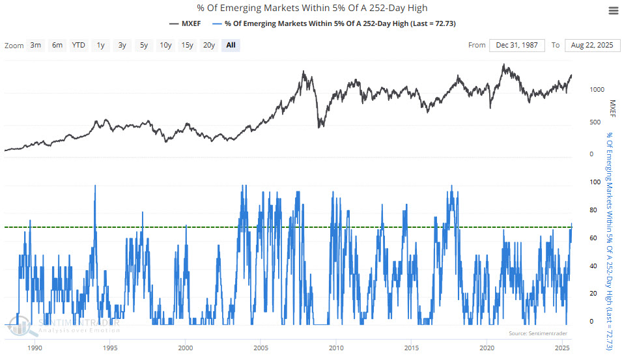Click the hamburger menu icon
click(x=612, y=11)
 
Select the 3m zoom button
click(x=35, y=45)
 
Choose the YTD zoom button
click(x=79, y=45)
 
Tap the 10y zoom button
click(x=165, y=45)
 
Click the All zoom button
click(x=231, y=45)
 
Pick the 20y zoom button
click(x=209, y=45)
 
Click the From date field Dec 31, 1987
click(x=516, y=45)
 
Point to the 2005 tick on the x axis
click(x=261, y=348)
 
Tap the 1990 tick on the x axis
click(x=35, y=348)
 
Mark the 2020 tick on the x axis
click(x=486, y=348)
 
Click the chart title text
click(x=311, y=8)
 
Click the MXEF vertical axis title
click(x=612, y=108)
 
